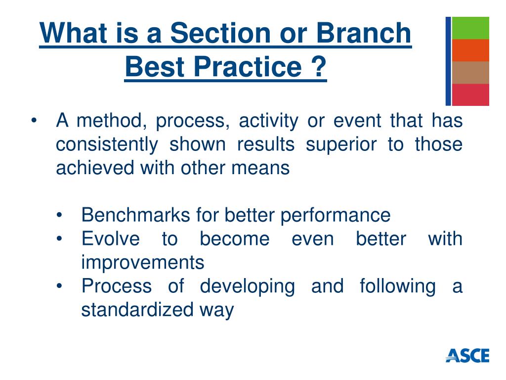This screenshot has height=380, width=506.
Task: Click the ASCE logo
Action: point(467,355)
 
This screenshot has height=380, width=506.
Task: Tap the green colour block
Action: point(470,28)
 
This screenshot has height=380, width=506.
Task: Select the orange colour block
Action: point(470,50)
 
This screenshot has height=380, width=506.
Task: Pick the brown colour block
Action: point(470,73)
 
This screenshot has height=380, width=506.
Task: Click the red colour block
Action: point(470,95)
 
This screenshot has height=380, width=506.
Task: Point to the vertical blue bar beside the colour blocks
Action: point(448,61)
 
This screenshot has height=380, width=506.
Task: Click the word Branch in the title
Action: point(364,33)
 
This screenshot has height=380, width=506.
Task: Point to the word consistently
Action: point(107,144)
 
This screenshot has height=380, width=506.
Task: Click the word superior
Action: point(341,144)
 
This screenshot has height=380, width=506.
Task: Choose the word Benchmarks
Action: point(136,215)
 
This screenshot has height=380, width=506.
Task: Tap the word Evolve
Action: point(111,239)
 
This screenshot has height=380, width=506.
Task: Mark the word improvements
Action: point(143,262)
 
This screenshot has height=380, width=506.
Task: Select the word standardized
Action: point(137,310)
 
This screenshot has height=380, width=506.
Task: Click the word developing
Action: point(248,286)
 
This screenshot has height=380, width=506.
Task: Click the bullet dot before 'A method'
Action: point(34,121)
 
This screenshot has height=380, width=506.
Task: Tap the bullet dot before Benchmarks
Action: point(59,215)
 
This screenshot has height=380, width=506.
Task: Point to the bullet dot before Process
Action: point(59,286)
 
